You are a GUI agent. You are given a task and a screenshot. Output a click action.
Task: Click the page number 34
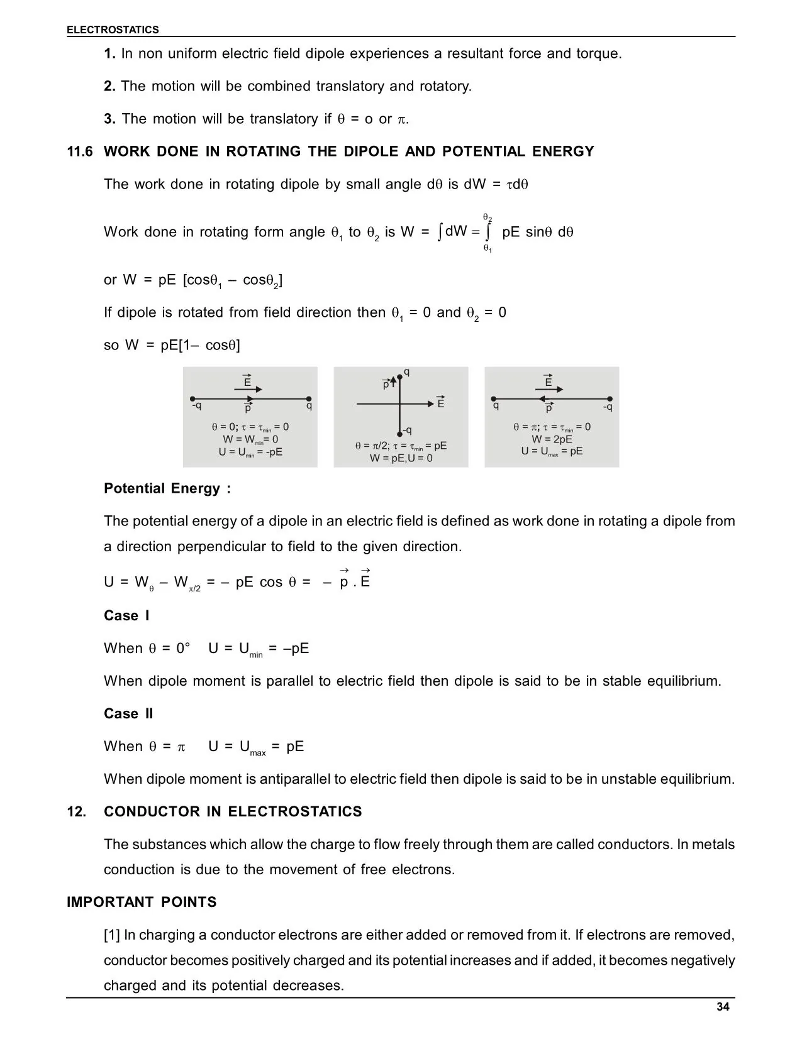tap(723, 1007)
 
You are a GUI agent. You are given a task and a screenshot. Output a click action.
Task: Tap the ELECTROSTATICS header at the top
tap(113, 30)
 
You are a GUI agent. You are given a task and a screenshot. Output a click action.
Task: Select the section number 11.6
tap(80, 151)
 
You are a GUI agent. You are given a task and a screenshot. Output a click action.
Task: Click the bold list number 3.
tap(109, 119)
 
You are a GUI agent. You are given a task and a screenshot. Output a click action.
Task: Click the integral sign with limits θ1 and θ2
tap(487, 233)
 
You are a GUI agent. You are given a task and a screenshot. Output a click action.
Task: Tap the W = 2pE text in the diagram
tap(552, 439)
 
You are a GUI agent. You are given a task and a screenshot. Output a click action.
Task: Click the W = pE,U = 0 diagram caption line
tap(401, 458)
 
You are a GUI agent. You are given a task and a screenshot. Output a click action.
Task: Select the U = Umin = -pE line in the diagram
tap(250, 452)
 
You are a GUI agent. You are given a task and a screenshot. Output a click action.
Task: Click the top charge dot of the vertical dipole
tap(400, 377)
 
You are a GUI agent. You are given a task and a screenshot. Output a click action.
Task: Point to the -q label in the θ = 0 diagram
tap(197, 406)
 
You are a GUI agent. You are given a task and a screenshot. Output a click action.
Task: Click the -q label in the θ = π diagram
tap(607, 407)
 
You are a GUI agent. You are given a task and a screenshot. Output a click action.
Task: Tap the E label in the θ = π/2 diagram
tap(441, 404)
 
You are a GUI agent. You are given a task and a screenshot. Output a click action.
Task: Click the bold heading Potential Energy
tap(167, 488)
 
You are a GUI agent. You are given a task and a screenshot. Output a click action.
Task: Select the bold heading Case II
tap(128, 713)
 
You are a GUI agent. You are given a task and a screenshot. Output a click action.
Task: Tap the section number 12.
tap(77, 811)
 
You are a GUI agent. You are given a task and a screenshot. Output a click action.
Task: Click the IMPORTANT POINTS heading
tap(142, 902)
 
